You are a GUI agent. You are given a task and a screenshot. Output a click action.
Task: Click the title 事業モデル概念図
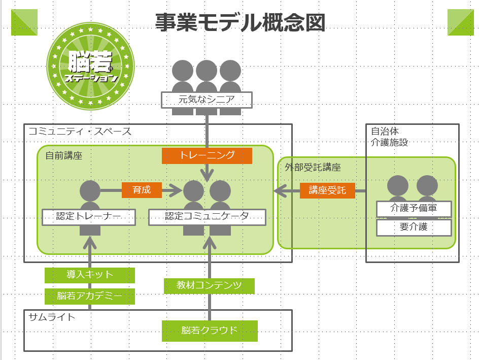(x=240, y=22)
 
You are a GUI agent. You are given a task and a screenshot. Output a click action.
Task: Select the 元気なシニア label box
(x=207, y=100)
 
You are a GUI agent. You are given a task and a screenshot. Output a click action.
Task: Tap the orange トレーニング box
(x=207, y=155)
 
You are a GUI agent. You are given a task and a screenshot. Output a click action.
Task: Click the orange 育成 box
(x=142, y=190)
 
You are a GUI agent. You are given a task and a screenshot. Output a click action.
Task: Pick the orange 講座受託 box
(x=327, y=190)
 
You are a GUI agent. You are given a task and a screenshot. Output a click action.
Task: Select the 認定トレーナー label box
(x=89, y=217)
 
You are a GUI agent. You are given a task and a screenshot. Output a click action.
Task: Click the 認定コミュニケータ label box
(x=207, y=217)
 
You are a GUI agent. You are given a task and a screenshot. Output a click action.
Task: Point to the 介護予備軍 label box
(x=414, y=208)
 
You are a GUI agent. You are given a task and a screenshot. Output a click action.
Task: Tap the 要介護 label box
(x=414, y=227)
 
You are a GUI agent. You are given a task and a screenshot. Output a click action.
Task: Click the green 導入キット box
(x=90, y=275)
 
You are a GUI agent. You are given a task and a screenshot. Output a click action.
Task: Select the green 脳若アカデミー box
(x=90, y=296)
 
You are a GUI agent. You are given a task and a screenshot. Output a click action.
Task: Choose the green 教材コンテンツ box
(x=209, y=285)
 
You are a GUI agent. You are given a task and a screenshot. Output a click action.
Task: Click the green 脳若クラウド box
(x=210, y=331)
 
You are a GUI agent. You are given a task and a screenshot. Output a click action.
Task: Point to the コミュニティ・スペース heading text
(x=80, y=132)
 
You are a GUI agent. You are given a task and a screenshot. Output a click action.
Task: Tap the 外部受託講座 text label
(x=312, y=167)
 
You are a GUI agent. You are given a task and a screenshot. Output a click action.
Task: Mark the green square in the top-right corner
(x=460, y=22)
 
